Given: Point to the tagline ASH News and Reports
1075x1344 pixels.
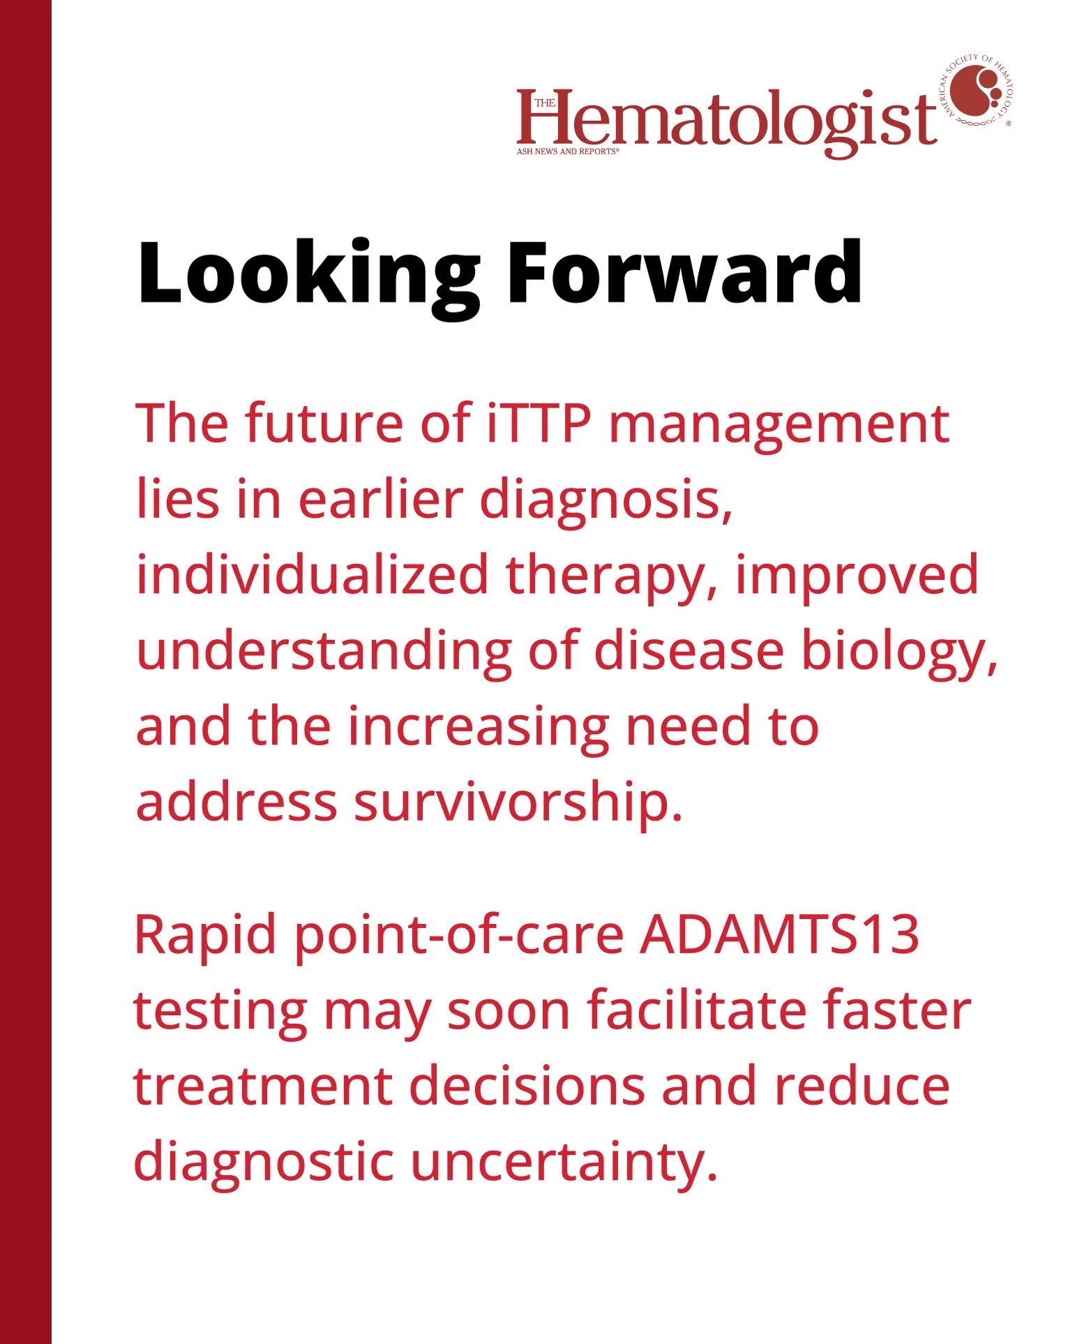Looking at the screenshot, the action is tap(567, 151).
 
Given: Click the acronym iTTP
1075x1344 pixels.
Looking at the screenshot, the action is tap(539, 424).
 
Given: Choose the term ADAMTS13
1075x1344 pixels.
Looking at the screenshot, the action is tap(779, 935).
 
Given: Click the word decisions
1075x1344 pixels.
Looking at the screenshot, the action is tap(527, 1086).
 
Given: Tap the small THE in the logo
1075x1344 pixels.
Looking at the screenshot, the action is tap(545, 103).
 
